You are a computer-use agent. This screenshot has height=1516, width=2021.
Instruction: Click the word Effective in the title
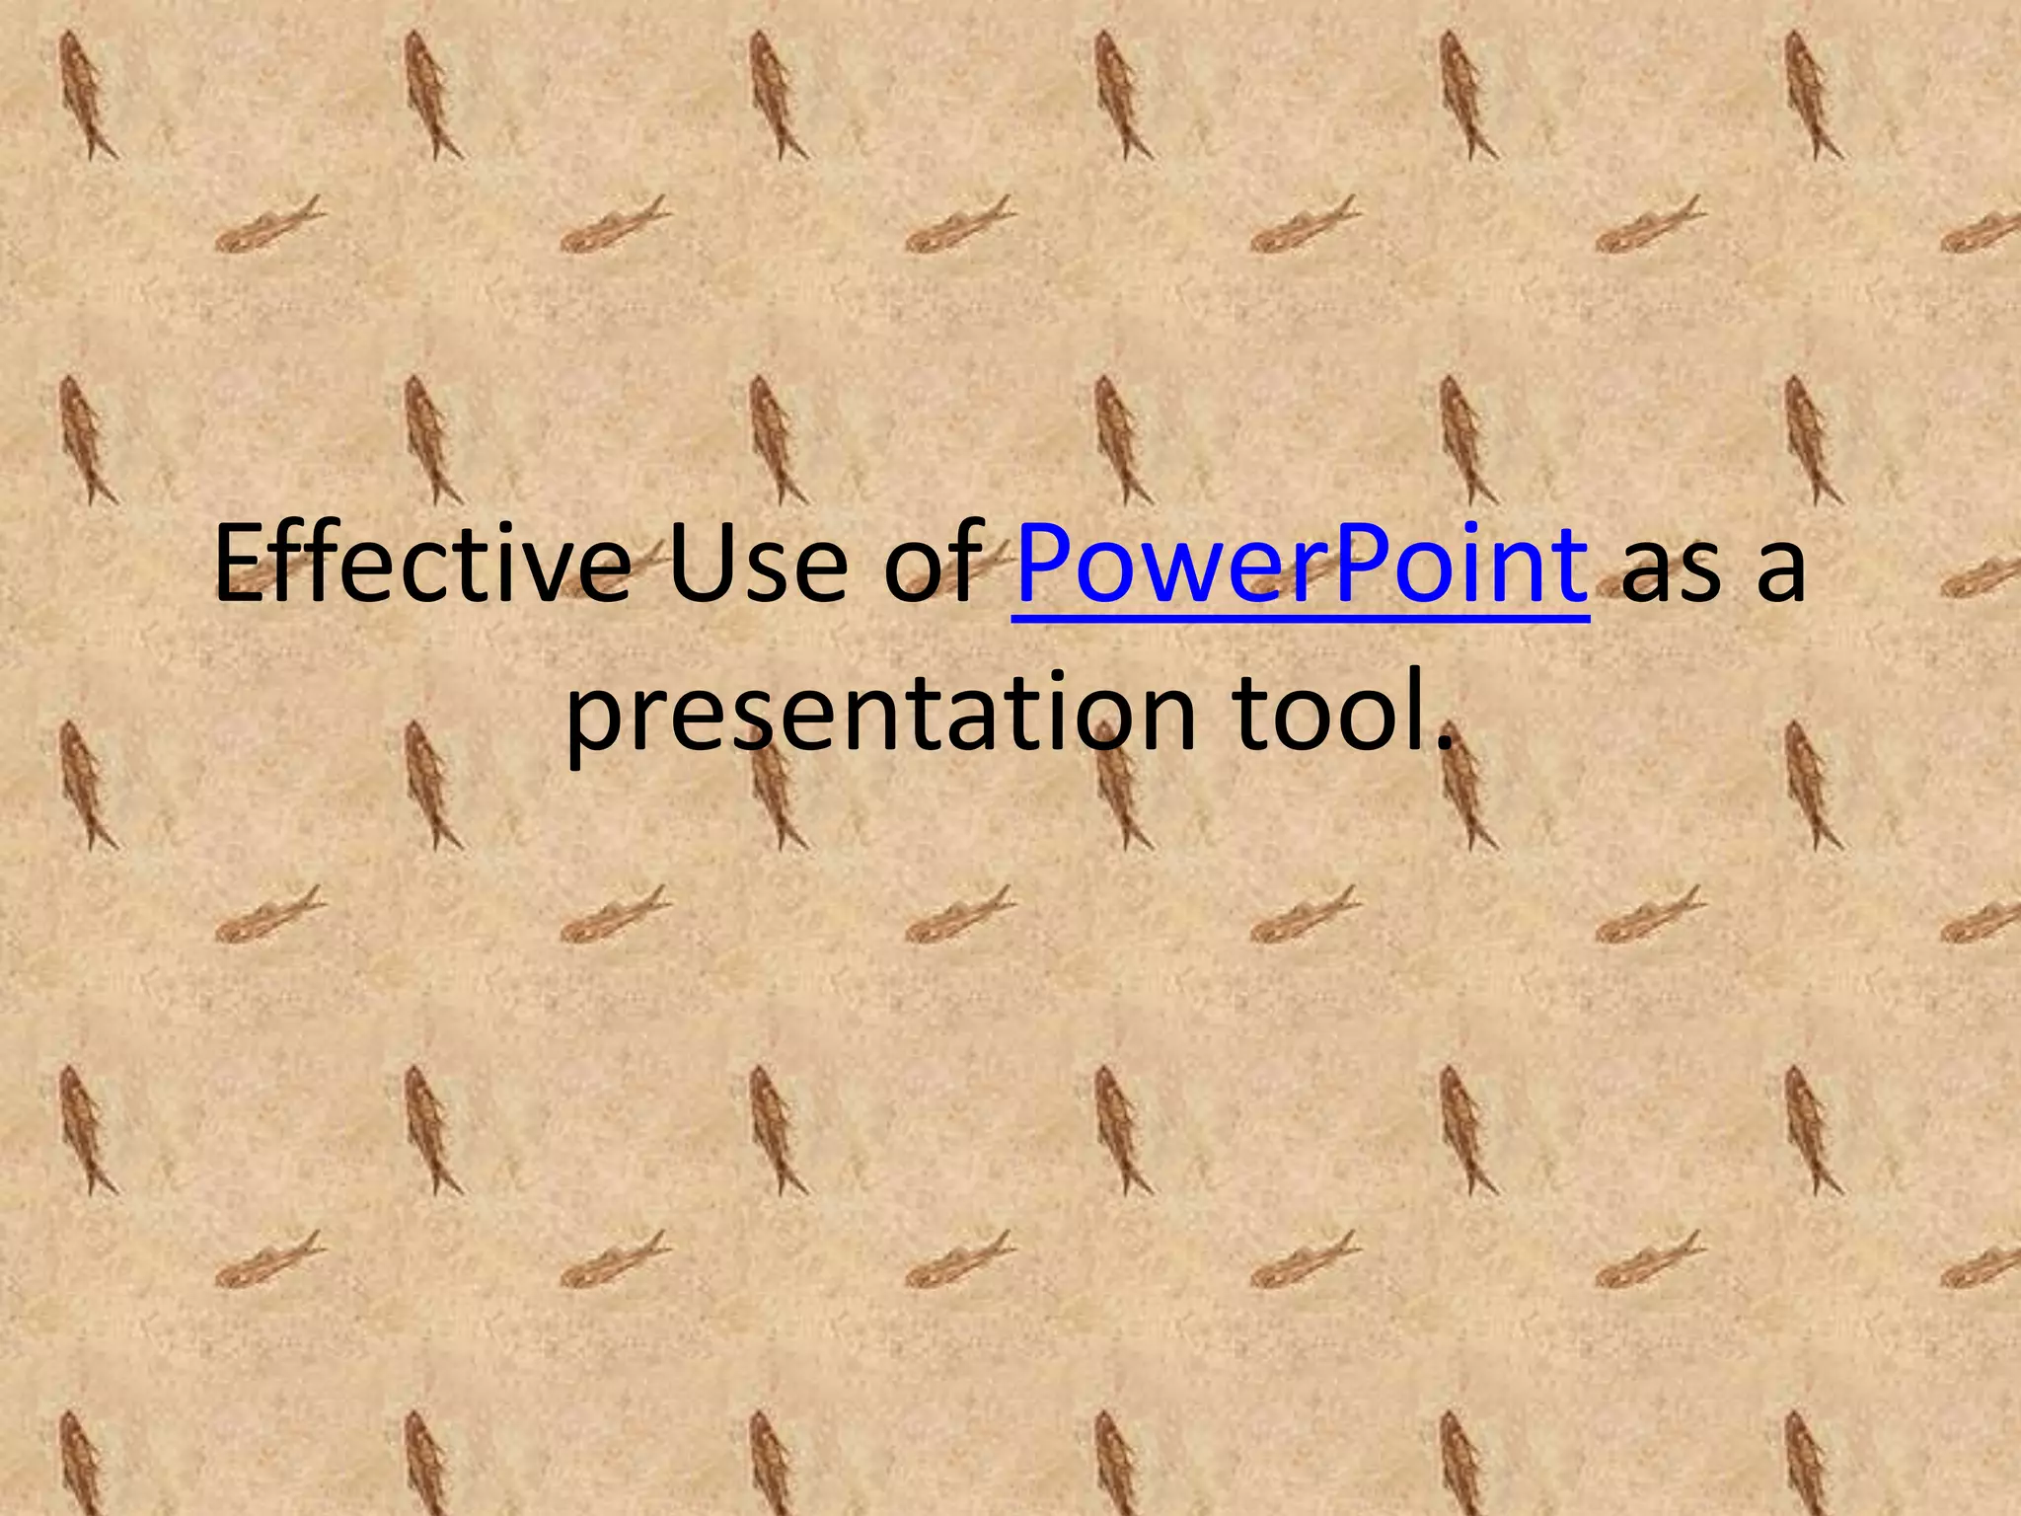click(421, 564)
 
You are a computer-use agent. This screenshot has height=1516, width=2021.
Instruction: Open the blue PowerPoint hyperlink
click(1301, 564)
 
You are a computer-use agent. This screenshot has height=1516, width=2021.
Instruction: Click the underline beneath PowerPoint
click(1301, 618)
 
